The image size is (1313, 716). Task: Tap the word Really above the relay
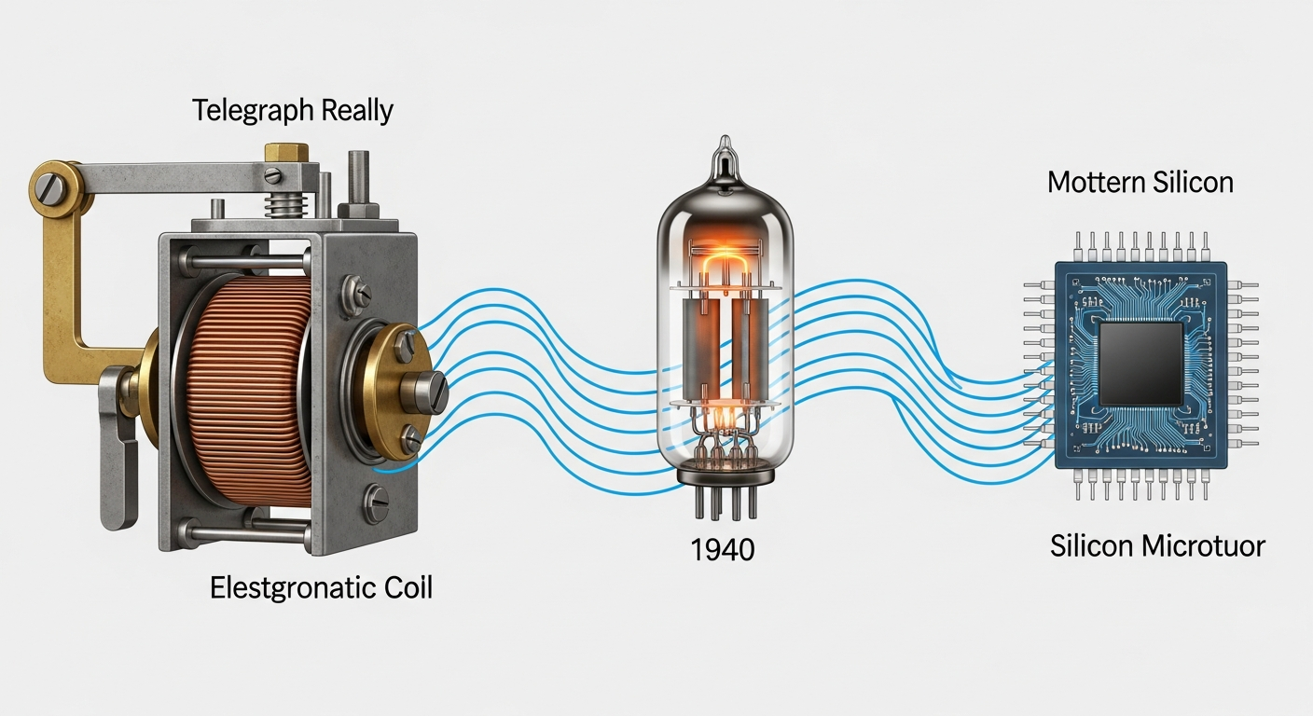tap(357, 111)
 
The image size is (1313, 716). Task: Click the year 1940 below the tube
tap(723, 550)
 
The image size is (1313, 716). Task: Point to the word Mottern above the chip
tap(1093, 182)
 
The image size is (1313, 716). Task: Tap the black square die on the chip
tap(1140, 365)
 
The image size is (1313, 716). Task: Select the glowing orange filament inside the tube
tap(723, 266)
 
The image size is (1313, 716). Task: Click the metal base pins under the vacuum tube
tap(723, 503)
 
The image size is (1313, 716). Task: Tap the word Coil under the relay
tap(402, 588)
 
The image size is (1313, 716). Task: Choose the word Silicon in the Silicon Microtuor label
tap(1099, 545)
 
